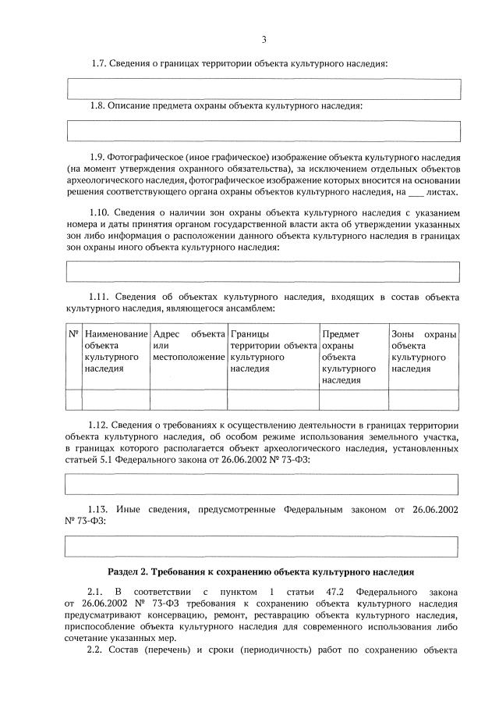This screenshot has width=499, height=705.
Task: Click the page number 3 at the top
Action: pyautogui.click(x=264, y=40)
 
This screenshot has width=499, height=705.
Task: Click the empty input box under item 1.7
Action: pyautogui.click(x=264, y=88)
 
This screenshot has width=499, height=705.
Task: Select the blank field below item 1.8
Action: pyautogui.click(x=264, y=131)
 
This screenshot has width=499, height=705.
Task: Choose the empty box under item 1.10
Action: pyautogui.click(x=264, y=272)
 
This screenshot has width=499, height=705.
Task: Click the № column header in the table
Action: pyautogui.click(x=74, y=334)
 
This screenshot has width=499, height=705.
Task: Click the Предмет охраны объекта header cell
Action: pyautogui.click(x=353, y=357)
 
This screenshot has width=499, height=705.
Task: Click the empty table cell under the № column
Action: pyautogui.click(x=74, y=399)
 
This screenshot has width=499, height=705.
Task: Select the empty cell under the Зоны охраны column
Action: pyautogui.click(x=423, y=399)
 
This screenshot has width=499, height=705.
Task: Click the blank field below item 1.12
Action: pyautogui.click(x=264, y=485)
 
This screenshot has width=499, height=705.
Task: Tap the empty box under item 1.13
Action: pyautogui.click(x=264, y=546)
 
